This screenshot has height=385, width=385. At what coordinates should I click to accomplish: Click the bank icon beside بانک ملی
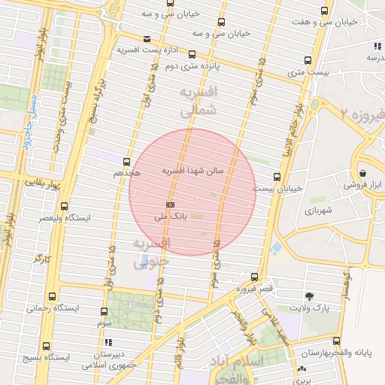(x=171, y=205)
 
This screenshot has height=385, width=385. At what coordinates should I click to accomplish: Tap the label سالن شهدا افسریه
(x=193, y=171)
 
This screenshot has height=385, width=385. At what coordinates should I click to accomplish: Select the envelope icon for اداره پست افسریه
(x=147, y=39)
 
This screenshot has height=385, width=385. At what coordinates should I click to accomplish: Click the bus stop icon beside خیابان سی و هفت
(x=324, y=11)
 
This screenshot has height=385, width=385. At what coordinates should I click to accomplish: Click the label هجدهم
(x=126, y=174)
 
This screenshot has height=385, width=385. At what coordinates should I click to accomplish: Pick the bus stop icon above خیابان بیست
(x=277, y=177)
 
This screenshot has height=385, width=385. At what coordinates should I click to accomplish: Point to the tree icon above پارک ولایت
(x=310, y=297)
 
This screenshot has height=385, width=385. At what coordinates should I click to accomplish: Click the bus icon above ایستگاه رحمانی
(x=51, y=297)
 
